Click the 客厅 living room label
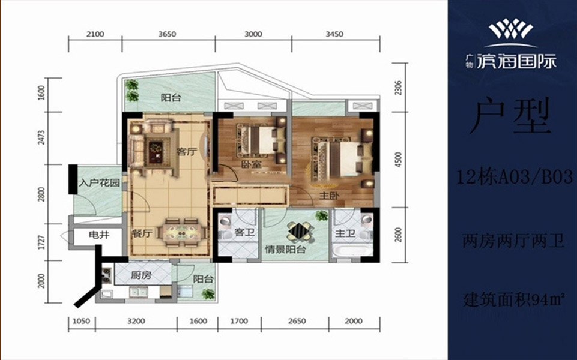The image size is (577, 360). coord(187,152)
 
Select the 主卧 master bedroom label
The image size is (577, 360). coord(328,196)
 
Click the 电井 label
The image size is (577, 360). coord(99,235)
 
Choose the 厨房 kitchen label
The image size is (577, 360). coord(141,275)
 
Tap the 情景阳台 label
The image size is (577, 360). coord(286,250)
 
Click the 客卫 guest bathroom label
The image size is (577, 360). coord(244,233)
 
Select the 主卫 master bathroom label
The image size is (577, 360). coord(345,233)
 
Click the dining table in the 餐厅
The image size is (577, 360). coord(180,233)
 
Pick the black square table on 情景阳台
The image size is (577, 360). coord(301,231)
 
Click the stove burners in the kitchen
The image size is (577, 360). coord(106,275)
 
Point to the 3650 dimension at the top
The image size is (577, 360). coord(167,34)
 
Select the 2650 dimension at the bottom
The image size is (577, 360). coord(297,321)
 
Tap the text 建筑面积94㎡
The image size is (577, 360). coord(514,301)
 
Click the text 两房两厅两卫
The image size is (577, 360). coord(513,242)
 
